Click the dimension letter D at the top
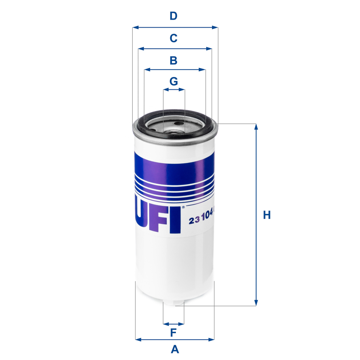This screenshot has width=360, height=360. pyautogui.click(x=174, y=16)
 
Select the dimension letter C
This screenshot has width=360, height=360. pyautogui.click(x=174, y=38)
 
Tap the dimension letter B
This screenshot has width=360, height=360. pyautogui.click(x=174, y=61)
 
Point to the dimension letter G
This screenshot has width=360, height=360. pyautogui.click(x=174, y=81)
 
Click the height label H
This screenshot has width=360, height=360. pyautogui.click(x=267, y=215)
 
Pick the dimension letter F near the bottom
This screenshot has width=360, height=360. pyautogui.click(x=174, y=333)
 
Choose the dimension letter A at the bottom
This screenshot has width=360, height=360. pyautogui.click(x=174, y=349)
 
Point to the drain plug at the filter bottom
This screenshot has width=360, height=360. pyautogui.click(x=174, y=303)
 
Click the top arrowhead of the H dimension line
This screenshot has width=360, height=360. pyautogui.click(x=256, y=127)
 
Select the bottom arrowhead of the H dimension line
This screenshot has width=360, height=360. pyautogui.click(x=256, y=303)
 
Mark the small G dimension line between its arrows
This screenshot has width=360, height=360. pyautogui.click(x=174, y=90)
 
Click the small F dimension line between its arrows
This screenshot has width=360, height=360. pyautogui.click(x=174, y=324)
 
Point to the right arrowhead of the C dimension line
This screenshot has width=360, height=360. pyautogui.click(x=209, y=49)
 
